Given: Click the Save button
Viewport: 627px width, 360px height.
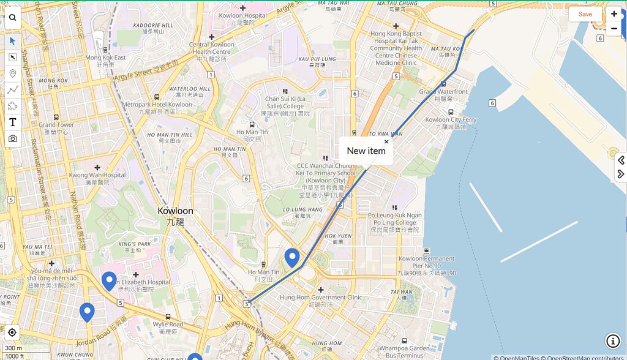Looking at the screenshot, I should (585, 14).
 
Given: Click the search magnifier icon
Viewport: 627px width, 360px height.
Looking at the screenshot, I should (12, 18).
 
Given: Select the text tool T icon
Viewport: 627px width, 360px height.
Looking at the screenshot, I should (12, 122).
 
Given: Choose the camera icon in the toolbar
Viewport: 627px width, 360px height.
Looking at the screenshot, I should (12, 139).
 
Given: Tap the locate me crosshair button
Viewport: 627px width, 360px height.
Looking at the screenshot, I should (12, 332).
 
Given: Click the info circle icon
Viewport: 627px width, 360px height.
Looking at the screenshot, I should (613, 341).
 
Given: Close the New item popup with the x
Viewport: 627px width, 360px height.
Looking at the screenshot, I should (386, 141).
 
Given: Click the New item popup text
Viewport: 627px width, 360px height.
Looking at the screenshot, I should (366, 151).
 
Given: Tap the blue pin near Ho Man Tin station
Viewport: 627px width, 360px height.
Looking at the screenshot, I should (292, 258).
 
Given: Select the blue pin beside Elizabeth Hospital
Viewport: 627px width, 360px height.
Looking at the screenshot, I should (109, 280).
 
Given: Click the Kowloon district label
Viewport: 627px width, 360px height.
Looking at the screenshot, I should (175, 211).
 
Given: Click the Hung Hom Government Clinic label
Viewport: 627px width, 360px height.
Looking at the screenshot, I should (320, 298).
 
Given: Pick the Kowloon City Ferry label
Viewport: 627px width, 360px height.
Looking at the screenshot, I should (451, 120).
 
